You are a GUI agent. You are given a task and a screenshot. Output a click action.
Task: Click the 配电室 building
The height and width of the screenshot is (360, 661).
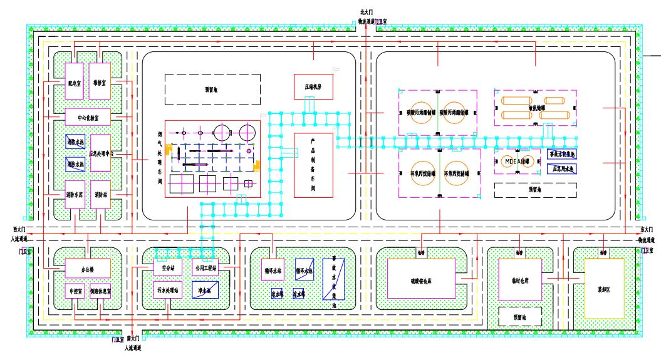[75, 80]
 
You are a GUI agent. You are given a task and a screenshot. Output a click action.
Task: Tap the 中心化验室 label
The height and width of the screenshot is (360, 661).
[88, 116]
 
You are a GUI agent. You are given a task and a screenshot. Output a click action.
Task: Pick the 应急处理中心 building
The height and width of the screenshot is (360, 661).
[100, 153]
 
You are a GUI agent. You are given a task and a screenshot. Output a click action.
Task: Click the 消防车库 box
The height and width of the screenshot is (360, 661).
[75, 195]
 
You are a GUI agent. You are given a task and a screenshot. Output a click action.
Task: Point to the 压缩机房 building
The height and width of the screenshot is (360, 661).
[313, 86]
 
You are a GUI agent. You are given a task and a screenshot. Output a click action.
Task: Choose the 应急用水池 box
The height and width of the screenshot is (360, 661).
[562, 168]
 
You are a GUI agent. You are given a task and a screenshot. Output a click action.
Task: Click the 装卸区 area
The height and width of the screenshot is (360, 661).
[604, 289]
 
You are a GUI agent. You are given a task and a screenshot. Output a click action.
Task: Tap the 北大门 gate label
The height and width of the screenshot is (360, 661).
[366, 11]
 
